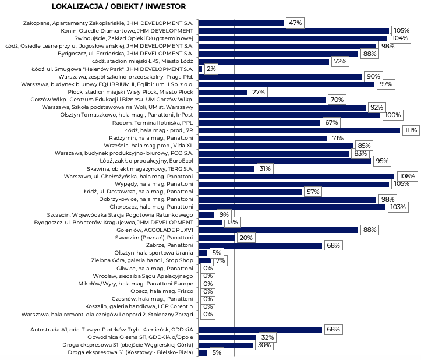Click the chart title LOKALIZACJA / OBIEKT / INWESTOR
(x=119, y=6)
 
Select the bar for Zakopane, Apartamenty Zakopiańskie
(x=241, y=23)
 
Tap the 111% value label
(x=411, y=130)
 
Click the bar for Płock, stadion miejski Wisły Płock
(x=223, y=93)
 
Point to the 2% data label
(x=211, y=69)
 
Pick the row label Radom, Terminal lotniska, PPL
(x=153, y=123)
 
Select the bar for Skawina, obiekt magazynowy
(x=227, y=169)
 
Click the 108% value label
(x=407, y=176)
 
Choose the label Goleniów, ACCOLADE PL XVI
(x=155, y=230)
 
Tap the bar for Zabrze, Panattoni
(x=260, y=246)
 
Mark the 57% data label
(x=313, y=192)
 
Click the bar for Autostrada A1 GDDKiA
(x=260, y=330)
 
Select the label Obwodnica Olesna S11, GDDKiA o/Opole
(x=140, y=337)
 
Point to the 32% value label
(x=267, y=337)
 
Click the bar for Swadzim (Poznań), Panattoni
(x=217, y=238)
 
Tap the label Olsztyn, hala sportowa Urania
(x=154, y=253)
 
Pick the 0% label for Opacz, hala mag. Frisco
(x=208, y=291)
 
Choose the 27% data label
(x=259, y=92)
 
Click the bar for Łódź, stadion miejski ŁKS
(x=264, y=62)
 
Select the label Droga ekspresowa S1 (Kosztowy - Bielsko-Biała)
(x=130, y=352)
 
